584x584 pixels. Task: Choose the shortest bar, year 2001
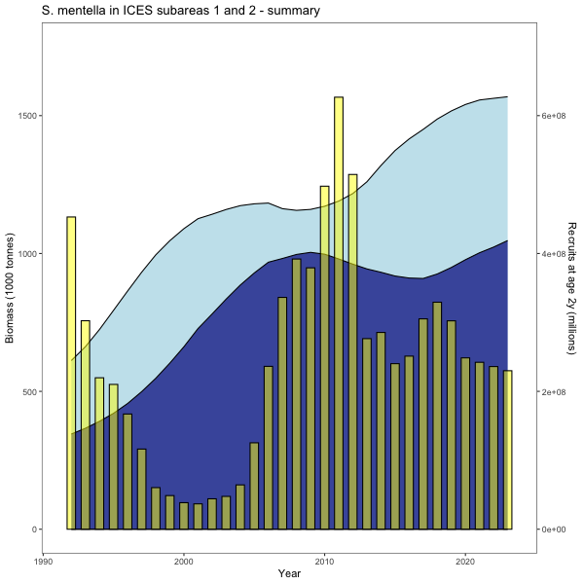(x=198, y=516)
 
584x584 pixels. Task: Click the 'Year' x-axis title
(x=289, y=573)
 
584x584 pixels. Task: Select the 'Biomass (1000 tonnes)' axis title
(x=11, y=288)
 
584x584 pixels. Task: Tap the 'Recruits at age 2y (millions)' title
(x=571, y=288)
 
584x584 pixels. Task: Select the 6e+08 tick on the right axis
(x=553, y=116)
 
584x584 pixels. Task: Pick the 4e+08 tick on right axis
(x=553, y=254)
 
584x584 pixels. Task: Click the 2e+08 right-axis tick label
(x=553, y=392)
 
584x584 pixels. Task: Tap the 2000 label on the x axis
(x=184, y=561)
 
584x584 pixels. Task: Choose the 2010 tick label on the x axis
(x=324, y=561)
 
